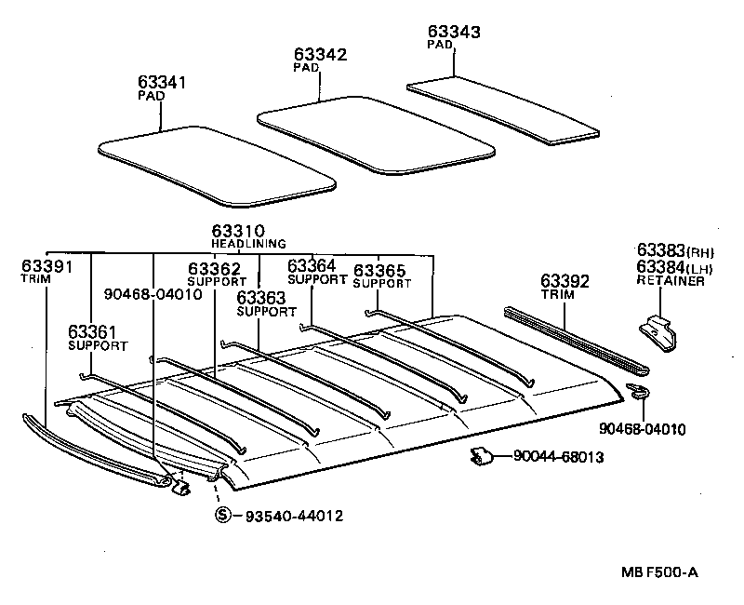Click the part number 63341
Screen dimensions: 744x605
click(x=162, y=82)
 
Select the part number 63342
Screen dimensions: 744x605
click(x=320, y=54)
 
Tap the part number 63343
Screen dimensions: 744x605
click(x=454, y=32)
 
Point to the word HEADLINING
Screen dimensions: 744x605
click(x=248, y=244)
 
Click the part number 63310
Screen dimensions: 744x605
click(x=238, y=231)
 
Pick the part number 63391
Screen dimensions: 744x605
click(x=47, y=266)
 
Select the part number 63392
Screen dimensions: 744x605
click(x=565, y=281)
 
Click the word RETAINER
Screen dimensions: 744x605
click(x=671, y=281)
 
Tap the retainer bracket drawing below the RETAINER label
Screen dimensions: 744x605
click(x=658, y=333)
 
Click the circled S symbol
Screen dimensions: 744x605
click(x=222, y=515)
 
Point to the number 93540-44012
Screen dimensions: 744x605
click(x=294, y=516)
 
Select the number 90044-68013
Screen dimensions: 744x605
click(x=559, y=457)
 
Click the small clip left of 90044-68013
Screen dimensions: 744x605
click(x=482, y=456)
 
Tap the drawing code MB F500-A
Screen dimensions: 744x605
click(x=659, y=572)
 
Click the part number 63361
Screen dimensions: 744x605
click(x=92, y=331)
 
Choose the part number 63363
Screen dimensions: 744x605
click(x=261, y=298)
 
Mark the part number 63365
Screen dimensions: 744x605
click(x=379, y=270)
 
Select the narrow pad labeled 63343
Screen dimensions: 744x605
click(x=503, y=111)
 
